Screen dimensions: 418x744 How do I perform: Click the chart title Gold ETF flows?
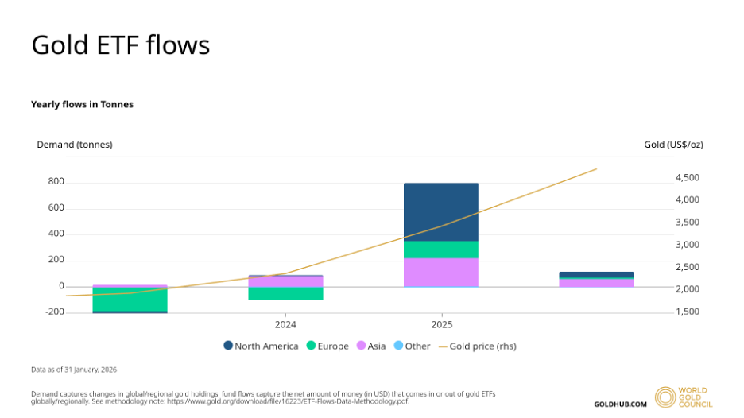click(120, 45)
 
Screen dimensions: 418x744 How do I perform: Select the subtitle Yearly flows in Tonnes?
click(82, 104)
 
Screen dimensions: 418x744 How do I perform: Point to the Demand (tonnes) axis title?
click(75, 145)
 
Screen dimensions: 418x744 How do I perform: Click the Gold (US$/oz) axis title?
click(673, 145)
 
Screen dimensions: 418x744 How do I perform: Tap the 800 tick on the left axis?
click(56, 182)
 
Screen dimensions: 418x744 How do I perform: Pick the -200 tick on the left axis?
click(54, 312)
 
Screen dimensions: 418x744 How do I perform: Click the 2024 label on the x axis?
click(285, 324)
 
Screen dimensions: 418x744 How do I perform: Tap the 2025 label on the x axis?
click(442, 324)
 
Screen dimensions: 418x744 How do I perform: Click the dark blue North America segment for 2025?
click(441, 212)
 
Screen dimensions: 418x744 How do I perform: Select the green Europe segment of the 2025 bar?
click(441, 250)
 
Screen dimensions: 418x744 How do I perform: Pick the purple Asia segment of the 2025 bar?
click(441, 272)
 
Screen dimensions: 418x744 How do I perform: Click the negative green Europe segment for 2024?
click(285, 293)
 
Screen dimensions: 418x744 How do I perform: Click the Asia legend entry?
click(372, 346)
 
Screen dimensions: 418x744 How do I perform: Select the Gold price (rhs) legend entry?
click(482, 346)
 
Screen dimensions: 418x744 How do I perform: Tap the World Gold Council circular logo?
click(665, 397)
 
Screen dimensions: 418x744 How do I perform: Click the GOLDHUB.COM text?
click(621, 404)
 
